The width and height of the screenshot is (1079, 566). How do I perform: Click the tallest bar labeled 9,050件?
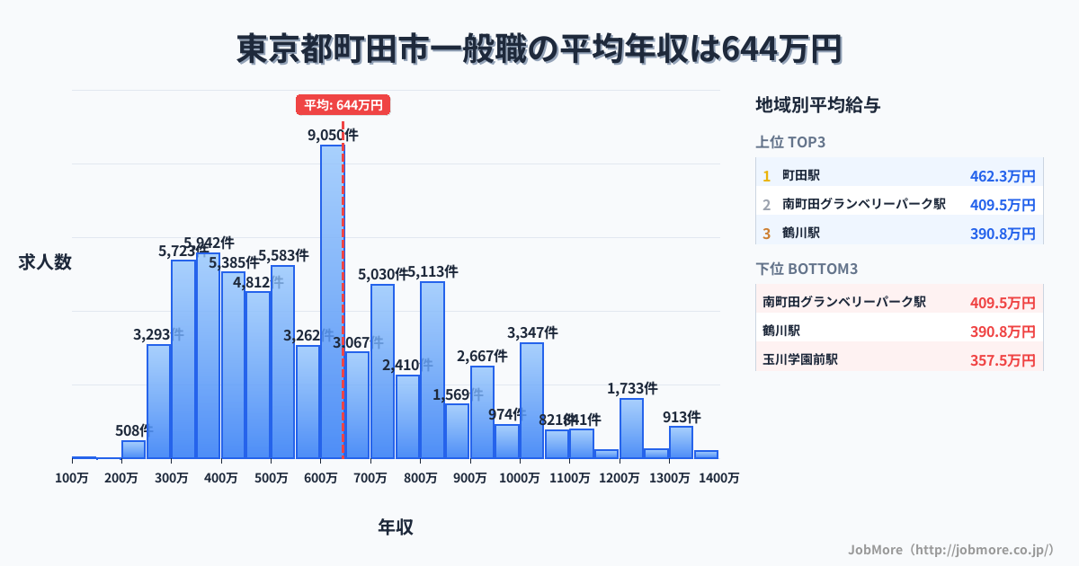pyautogui.click(x=332, y=301)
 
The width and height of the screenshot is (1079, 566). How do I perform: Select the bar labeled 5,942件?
pyautogui.click(x=209, y=355)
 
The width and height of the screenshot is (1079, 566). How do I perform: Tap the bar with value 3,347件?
pyautogui.click(x=531, y=400)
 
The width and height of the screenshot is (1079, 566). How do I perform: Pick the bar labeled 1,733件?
pyautogui.click(x=631, y=428)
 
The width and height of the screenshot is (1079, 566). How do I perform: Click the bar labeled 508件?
pyautogui.click(x=133, y=449)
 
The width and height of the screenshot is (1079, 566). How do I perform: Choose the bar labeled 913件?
pyautogui.click(x=681, y=442)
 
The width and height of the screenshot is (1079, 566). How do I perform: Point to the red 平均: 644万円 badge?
pyautogui.click(x=343, y=105)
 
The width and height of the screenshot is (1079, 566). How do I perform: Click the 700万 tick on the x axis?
pyautogui.click(x=370, y=479)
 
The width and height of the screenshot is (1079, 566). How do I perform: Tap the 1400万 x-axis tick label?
pyautogui.click(x=718, y=479)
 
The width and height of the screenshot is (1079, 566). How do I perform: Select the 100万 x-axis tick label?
pyautogui.click(x=72, y=479)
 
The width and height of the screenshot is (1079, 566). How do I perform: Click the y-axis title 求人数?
pyautogui.click(x=45, y=262)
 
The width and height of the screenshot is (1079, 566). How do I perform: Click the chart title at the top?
pyautogui.click(x=539, y=49)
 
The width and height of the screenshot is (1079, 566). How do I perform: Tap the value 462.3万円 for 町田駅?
pyautogui.click(x=1003, y=176)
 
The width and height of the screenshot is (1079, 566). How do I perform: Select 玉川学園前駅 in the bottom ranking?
pyautogui.click(x=800, y=359)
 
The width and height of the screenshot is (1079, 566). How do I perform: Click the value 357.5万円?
pyautogui.click(x=1003, y=360)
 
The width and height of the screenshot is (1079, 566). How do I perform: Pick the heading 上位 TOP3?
pyautogui.click(x=790, y=142)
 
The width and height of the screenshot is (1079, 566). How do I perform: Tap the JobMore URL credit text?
pyautogui.click(x=950, y=549)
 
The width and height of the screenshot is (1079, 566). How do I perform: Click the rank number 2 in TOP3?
pyautogui.click(x=766, y=205)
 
